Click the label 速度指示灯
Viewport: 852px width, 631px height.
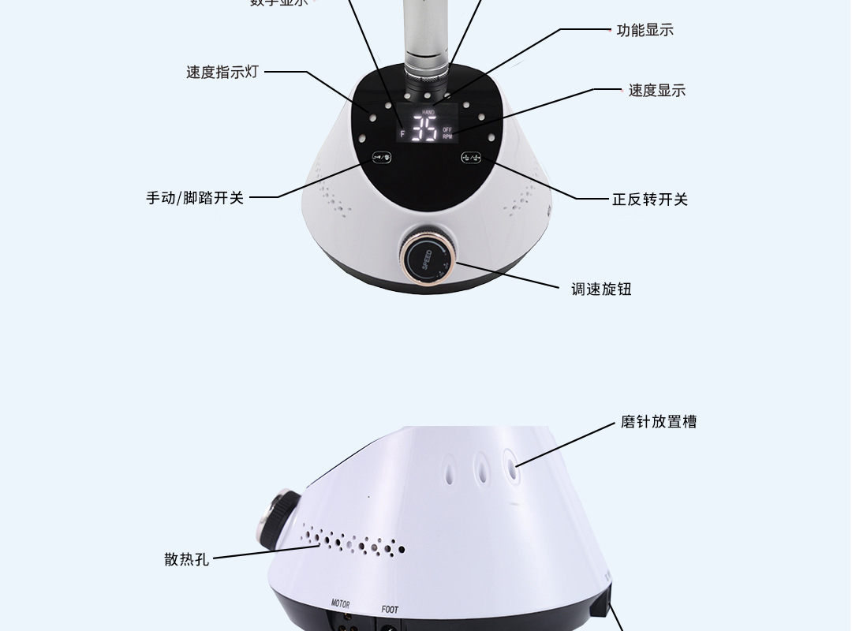point(222,73)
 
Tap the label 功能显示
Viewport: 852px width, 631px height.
point(645,31)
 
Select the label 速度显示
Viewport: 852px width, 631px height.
point(656,91)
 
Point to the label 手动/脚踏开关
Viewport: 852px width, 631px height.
point(195,198)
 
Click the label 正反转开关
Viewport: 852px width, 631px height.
point(650,200)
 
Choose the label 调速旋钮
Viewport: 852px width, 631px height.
point(601,289)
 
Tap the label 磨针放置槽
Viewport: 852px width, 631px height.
point(658,422)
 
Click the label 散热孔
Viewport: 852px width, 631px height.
point(187,559)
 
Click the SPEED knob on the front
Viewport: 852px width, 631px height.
point(426,257)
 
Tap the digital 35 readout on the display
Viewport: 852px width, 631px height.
point(425,131)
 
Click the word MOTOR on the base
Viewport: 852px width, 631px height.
point(340,605)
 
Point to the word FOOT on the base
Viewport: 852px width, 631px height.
point(390,609)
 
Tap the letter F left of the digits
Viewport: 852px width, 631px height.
point(402,134)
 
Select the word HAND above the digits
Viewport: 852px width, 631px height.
point(428,113)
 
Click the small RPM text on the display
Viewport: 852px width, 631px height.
point(447,136)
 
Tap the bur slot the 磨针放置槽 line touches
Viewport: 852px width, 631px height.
point(510,465)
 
